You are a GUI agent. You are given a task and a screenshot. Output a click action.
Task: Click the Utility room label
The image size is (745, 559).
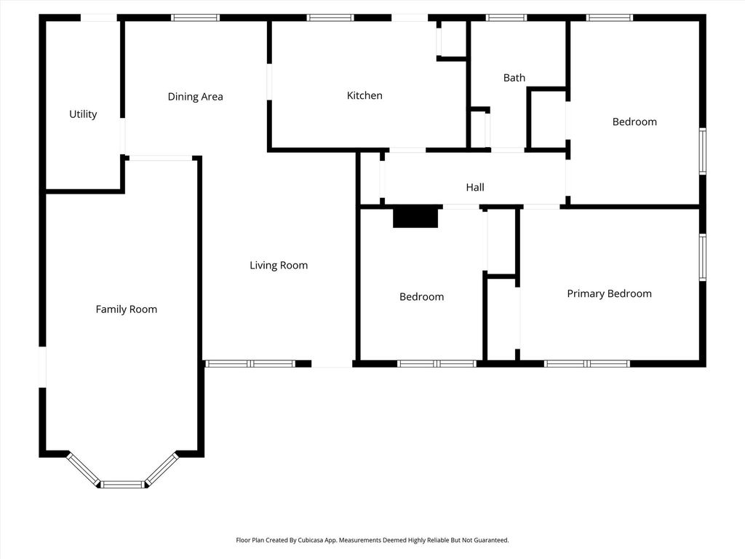[x=83, y=114]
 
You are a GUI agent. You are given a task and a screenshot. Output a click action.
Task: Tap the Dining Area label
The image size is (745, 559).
[x=195, y=97]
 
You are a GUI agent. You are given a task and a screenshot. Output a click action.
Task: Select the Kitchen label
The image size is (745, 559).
[x=364, y=95]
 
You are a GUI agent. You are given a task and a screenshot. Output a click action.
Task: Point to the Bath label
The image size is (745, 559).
[x=514, y=77]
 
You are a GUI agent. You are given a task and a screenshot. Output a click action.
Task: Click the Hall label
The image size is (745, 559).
[x=475, y=187]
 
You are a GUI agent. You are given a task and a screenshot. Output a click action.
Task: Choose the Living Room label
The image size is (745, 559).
[x=279, y=265]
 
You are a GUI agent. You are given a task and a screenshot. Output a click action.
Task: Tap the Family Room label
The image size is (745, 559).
[x=127, y=309]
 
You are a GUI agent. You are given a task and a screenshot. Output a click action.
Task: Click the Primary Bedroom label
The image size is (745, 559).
[x=610, y=294]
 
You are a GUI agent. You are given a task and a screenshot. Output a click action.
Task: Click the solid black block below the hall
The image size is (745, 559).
[x=415, y=217]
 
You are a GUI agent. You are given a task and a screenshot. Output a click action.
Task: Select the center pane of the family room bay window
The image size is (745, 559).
[x=122, y=484]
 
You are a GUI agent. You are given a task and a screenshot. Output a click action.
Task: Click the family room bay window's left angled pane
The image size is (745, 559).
[x=83, y=469]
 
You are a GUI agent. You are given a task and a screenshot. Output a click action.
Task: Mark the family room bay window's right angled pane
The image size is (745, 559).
[x=162, y=469]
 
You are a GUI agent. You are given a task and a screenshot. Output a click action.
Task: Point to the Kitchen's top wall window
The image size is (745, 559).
[x=330, y=17]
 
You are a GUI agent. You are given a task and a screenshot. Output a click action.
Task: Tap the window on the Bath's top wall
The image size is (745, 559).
[x=506, y=17]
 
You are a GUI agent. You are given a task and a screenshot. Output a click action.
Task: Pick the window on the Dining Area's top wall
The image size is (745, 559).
[x=195, y=17]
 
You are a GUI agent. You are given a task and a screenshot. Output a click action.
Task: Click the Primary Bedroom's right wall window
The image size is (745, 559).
[x=703, y=257]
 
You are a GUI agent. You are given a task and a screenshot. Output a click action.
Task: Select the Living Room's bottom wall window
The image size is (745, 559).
[x=250, y=364]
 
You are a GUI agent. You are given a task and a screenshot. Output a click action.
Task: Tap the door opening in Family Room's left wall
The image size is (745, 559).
[x=42, y=368]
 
